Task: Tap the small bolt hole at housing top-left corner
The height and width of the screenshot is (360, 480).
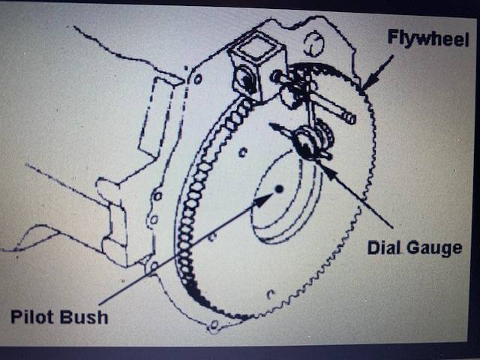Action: pos(197,78)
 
